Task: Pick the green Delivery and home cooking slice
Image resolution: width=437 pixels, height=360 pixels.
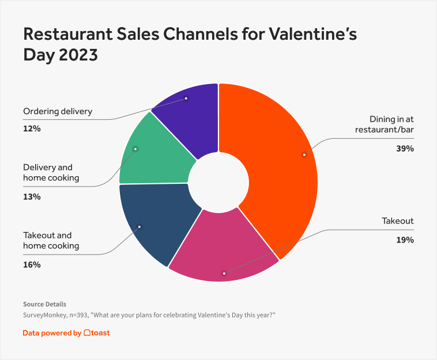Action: click(153, 156)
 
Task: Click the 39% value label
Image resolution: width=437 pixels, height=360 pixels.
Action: click(405, 149)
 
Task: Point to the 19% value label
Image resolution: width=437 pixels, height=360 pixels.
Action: click(405, 240)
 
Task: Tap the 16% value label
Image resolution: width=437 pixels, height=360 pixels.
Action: click(32, 265)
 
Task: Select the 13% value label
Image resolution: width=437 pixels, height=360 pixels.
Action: click(32, 197)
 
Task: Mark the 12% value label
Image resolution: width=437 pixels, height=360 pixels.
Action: click(32, 128)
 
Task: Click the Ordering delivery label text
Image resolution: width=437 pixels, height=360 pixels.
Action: click(58, 111)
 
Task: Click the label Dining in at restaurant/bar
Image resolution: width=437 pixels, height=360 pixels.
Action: click(385, 124)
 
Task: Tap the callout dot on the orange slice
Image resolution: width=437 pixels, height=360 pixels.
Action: click(304, 154)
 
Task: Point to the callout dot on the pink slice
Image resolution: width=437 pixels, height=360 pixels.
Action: click(224, 274)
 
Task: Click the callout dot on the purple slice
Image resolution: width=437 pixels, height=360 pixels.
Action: click(186, 98)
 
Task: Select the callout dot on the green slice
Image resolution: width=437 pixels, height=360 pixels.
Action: click(135, 149)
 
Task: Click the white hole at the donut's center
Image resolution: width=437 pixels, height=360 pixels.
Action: click(218, 183)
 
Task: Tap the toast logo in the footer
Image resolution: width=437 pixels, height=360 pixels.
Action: click(96, 333)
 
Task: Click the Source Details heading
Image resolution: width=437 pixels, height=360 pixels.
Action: click(44, 304)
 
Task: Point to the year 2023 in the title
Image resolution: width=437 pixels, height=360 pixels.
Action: click(78, 55)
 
